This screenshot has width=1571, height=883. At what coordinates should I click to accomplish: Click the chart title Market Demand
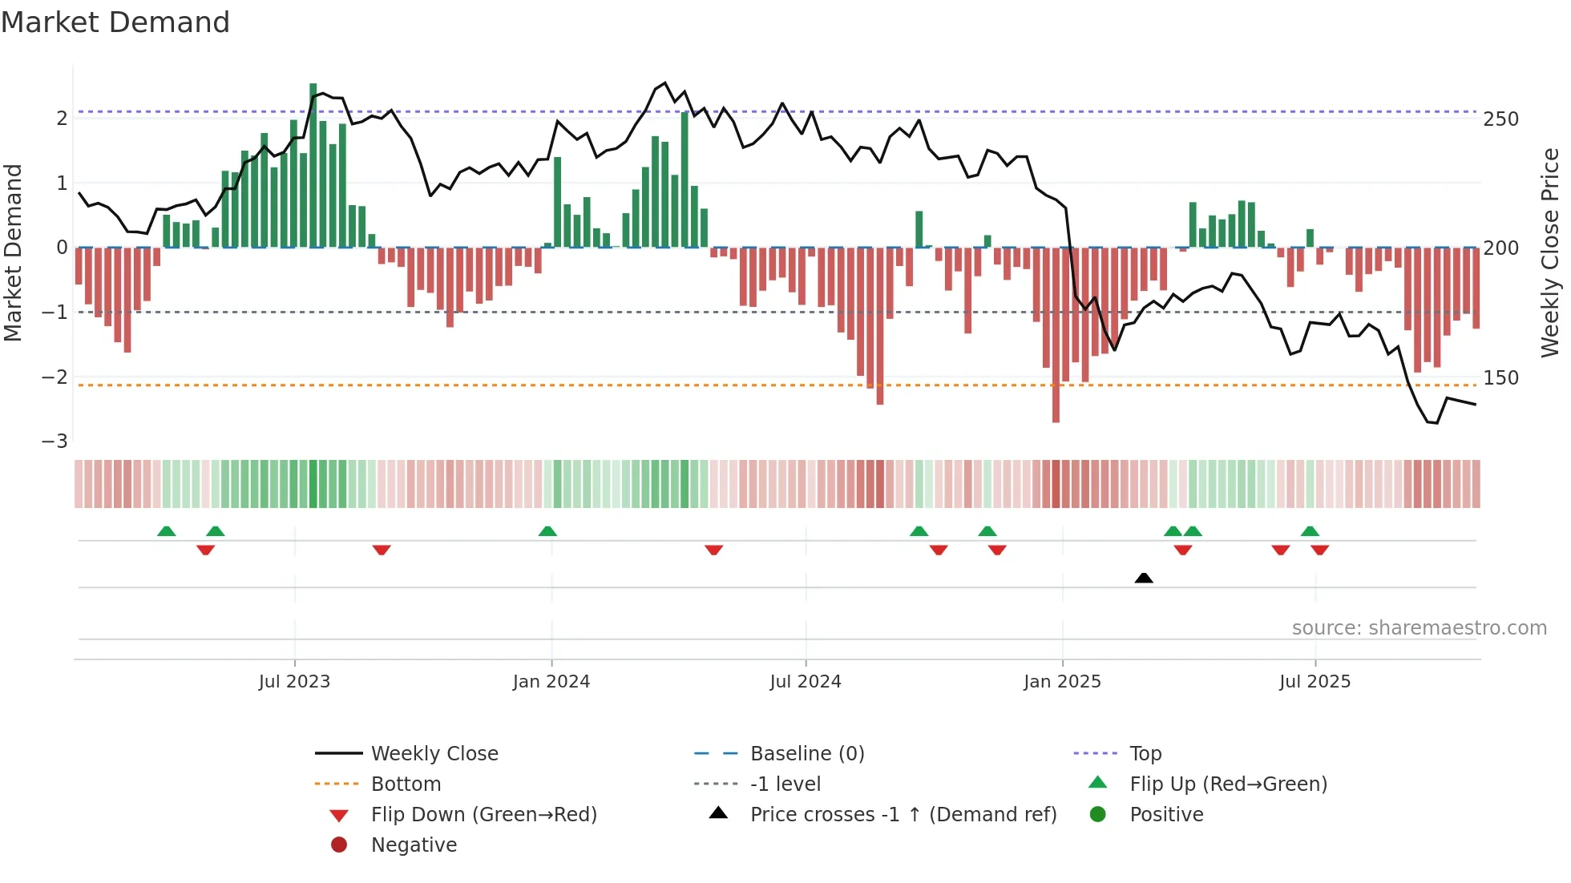pyautogui.click(x=115, y=22)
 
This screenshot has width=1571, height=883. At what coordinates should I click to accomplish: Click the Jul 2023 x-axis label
pyautogui.click(x=294, y=682)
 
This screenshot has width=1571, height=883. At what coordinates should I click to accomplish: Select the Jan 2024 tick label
pyautogui.click(x=551, y=682)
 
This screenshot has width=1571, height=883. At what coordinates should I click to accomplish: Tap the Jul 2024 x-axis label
pyautogui.click(x=806, y=682)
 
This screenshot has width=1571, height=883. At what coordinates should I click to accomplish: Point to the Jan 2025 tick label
pyautogui.click(x=1062, y=682)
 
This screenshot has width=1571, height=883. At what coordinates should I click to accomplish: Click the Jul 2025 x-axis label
pyautogui.click(x=1315, y=682)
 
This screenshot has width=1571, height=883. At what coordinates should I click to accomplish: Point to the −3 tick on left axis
pyautogui.click(x=55, y=441)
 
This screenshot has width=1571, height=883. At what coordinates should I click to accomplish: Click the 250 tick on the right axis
pyautogui.click(x=1500, y=119)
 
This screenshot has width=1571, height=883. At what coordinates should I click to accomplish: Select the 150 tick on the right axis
pyautogui.click(x=1500, y=378)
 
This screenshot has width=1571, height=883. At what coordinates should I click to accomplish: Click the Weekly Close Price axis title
pyautogui.click(x=1550, y=252)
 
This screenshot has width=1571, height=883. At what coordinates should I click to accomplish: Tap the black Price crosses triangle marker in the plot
pyautogui.click(x=1144, y=578)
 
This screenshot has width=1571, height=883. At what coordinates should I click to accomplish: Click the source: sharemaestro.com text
pyautogui.click(x=1419, y=628)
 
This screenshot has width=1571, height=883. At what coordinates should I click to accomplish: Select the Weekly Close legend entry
pyautogui.click(x=434, y=754)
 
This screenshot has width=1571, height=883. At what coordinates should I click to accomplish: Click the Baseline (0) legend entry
pyautogui.click(x=806, y=754)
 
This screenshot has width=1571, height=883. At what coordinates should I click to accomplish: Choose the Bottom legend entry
pyautogui.click(x=406, y=784)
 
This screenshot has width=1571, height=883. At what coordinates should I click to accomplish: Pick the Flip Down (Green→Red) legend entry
pyautogui.click(x=483, y=815)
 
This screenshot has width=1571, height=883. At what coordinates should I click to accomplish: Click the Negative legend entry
pyautogui.click(x=414, y=845)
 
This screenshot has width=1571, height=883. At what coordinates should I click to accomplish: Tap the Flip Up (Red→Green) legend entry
pyautogui.click(x=1228, y=784)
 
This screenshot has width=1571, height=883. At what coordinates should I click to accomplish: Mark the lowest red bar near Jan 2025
pyautogui.click(x=1056, y=337)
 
